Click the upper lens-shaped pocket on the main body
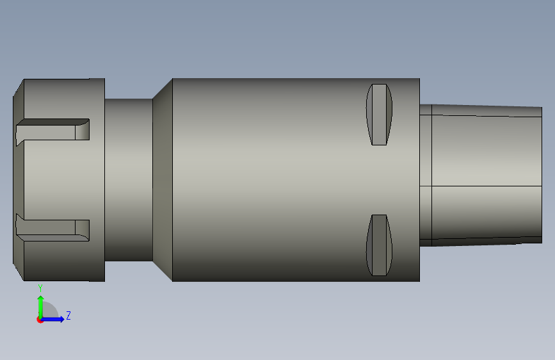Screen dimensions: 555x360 click(x=379, y=115)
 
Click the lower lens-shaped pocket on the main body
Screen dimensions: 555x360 click(x=379, y=245)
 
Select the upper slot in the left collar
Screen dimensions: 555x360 click(x=52, y=131)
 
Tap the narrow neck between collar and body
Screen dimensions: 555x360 click(x=129, y=180)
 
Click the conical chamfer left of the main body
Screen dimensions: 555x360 click(x=163, y=180)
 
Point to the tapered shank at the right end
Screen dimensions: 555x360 click(x=487, y=176)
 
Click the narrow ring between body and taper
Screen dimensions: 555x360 click(x=426, y=176)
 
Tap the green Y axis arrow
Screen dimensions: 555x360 click(x=40, y=307)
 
